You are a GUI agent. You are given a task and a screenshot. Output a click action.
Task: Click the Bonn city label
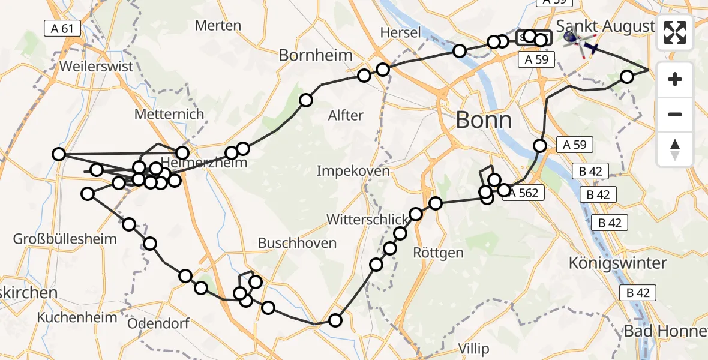tap(484, 120)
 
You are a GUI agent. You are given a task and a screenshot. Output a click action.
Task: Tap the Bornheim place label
tap(316, 56)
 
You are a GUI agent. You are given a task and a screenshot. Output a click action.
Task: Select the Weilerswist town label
tap(96, 66)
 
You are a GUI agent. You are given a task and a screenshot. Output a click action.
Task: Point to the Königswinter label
tap(618, 263)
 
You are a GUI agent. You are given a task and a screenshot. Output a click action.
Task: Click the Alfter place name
tap(346, 115)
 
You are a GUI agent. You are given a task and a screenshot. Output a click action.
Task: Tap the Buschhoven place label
tap(297, 243)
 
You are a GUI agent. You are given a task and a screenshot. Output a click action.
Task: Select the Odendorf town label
tap(158, 323)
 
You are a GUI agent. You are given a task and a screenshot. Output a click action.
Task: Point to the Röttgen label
tap(439, 253)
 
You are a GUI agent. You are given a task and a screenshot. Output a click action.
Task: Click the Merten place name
tap(218, 26)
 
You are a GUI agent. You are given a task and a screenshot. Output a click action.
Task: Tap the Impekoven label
tap(353, 171)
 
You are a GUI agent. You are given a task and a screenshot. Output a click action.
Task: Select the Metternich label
tap(170, 114)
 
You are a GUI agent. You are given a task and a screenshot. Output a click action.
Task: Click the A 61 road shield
tap(62, 27)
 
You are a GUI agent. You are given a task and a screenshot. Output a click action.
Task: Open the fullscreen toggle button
tap(675, 32)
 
